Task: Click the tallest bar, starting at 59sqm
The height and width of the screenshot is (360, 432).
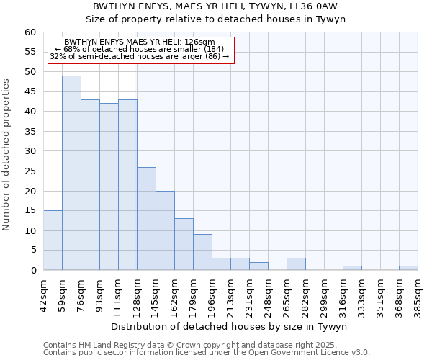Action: (x=71, y=173)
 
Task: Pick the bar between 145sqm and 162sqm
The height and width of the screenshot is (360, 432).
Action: (x=165, y=230)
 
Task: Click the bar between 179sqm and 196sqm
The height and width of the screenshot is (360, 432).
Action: (x=202, y=252)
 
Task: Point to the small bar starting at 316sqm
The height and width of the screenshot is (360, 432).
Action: (x=352, y=268)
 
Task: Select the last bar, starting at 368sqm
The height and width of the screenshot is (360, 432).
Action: (x=408, y=268)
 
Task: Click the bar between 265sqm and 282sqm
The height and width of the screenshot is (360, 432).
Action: (x=296, y=264)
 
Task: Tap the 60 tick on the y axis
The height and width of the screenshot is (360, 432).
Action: (x=30, y=32)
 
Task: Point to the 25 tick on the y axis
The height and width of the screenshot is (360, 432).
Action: (x=30, y=171)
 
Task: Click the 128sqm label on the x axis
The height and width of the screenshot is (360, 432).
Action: (x=138, y=294)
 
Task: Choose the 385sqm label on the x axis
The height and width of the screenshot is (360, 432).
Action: (x=418, y=294)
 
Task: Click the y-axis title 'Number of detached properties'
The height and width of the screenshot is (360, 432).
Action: (x=7, y=154)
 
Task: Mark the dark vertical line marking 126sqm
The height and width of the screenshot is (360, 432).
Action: (x=135, y=180)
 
